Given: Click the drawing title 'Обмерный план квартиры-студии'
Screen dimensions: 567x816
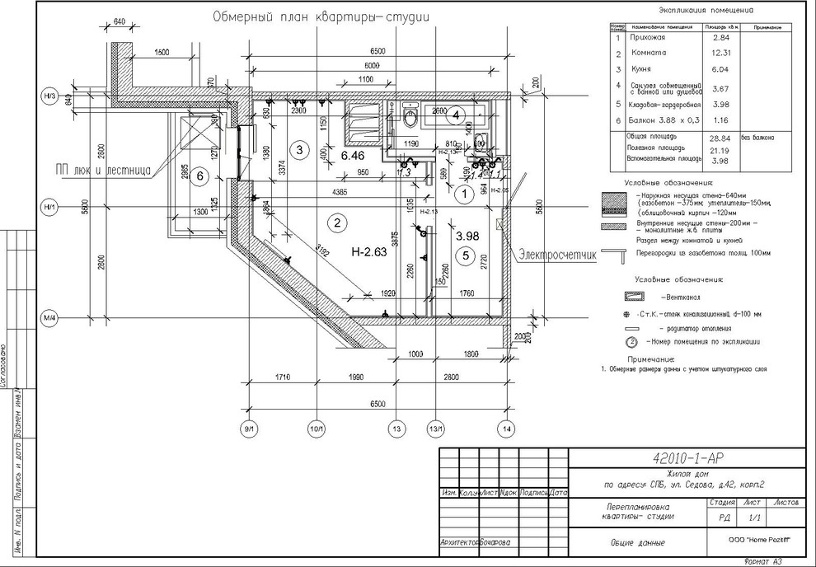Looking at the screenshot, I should (324, 16).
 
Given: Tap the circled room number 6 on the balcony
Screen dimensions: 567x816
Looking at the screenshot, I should (198, 181).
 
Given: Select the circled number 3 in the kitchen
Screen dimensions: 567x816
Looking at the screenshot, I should (300, 149).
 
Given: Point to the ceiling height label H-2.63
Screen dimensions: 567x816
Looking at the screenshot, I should (368, 252).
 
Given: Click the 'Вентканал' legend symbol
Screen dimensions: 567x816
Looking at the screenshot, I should (637, 294).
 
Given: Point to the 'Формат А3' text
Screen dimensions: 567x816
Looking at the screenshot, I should (762, 561).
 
